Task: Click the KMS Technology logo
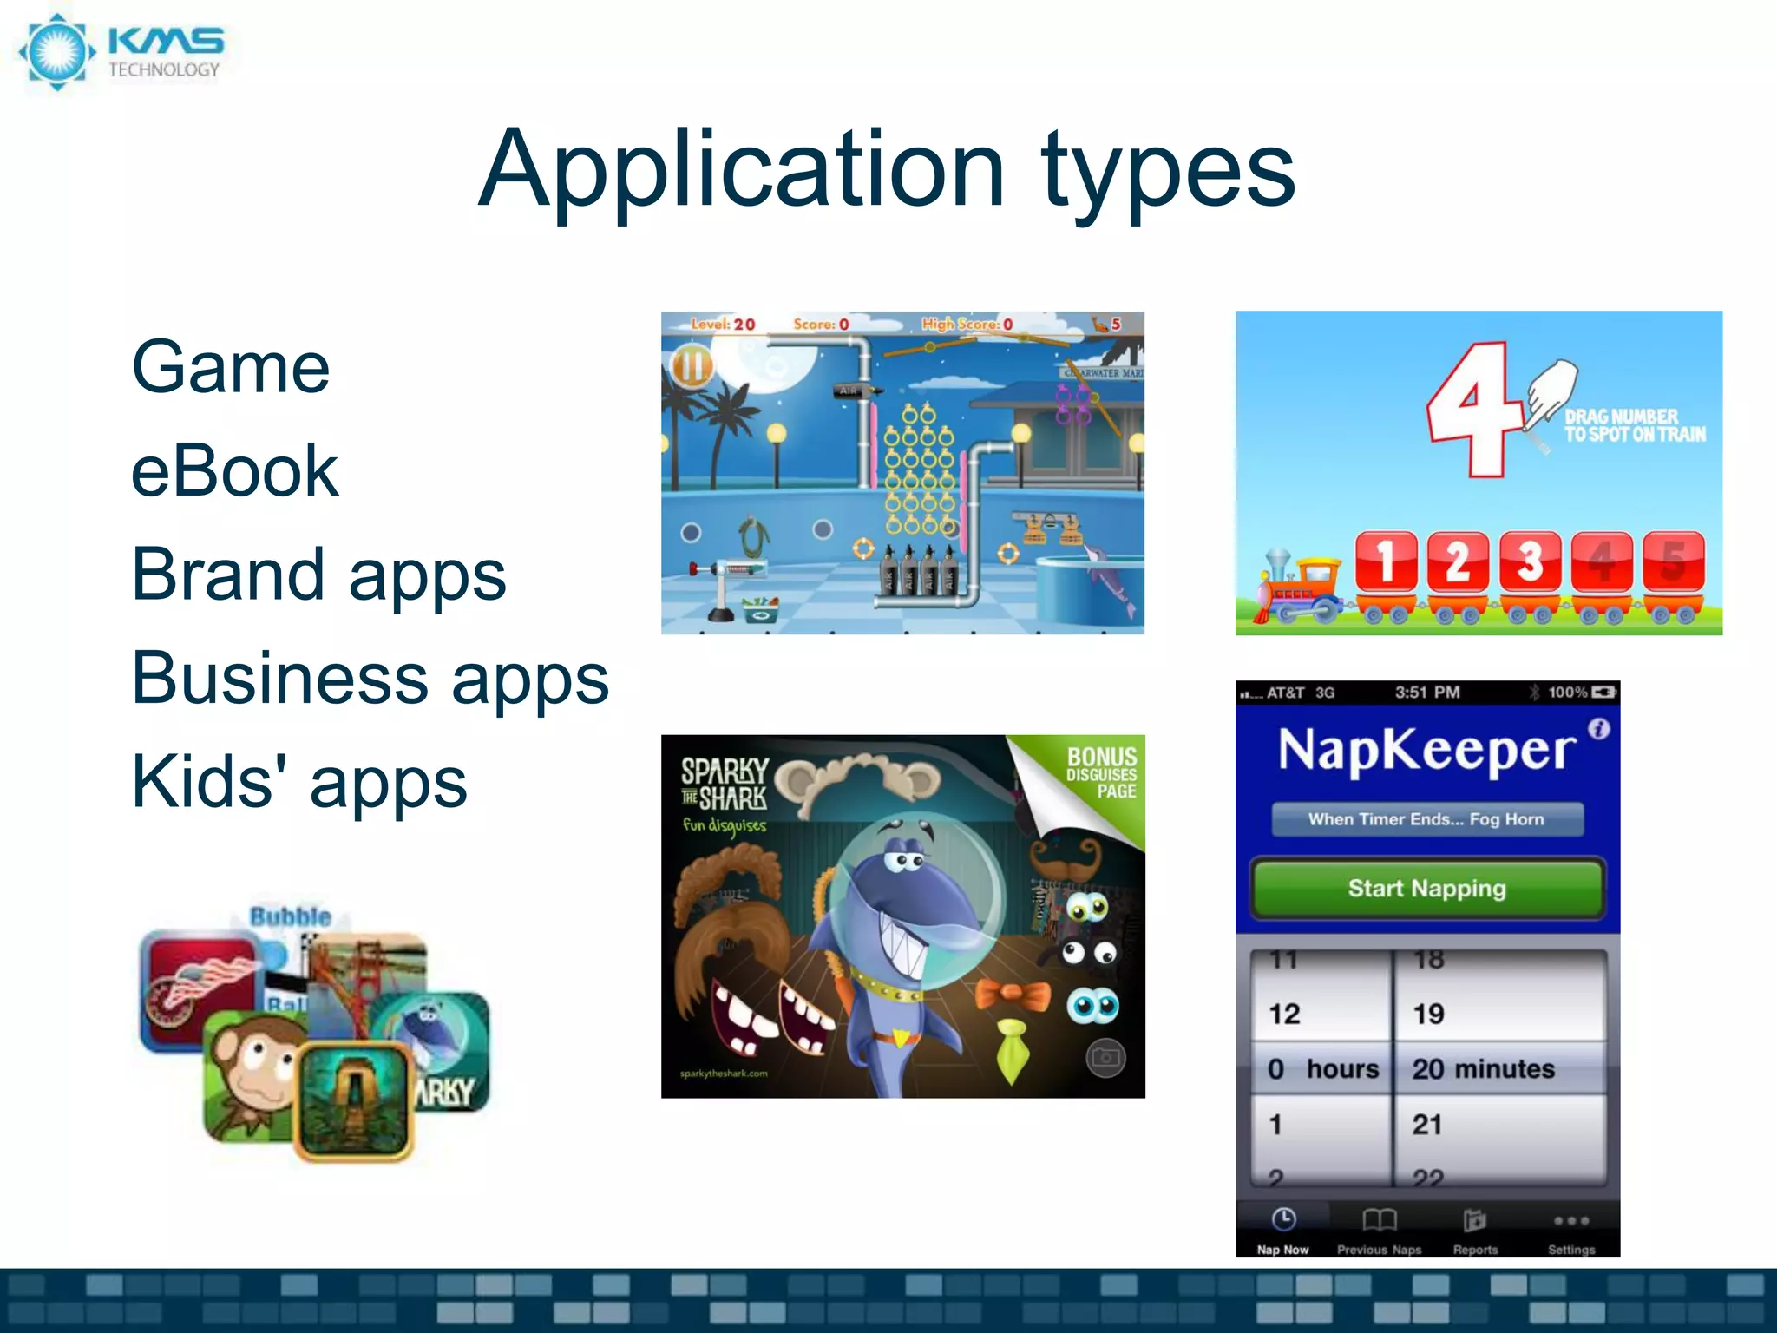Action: tap(121, 52)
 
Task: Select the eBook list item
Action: tap(234, 471)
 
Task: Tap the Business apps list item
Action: tap(370, 678)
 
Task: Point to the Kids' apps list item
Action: tap(299, 781)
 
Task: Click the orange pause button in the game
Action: tap(692, 366)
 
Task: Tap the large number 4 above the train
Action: tap(1475, 408)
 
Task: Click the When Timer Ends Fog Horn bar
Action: tap(1426, 819)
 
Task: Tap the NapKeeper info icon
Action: tap(1599, 729)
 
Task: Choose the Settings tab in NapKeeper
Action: tap(1571, 1231)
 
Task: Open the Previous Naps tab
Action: tap(1379, 1231)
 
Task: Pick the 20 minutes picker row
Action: tap(1484, 1068)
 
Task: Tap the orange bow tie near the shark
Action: tap(1013, 995)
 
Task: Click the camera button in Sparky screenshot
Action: tap(1105, 1058)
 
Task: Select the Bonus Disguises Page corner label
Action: tap(1100, 772)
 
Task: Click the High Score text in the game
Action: tap(966, 325)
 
